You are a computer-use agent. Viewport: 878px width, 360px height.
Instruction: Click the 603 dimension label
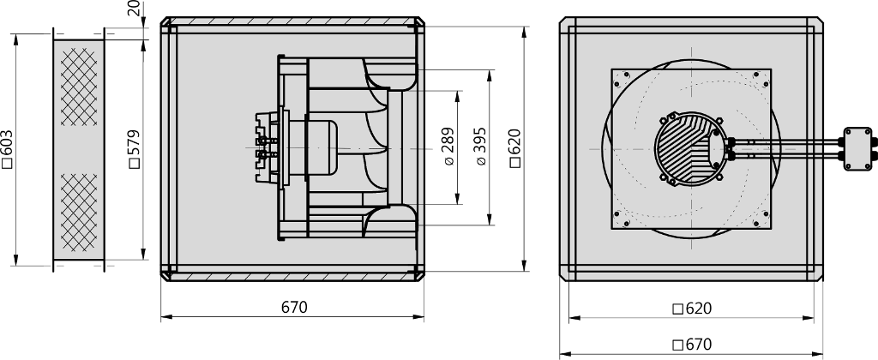(x=8, y=149)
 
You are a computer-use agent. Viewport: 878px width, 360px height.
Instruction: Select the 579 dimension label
(x=135, y=149)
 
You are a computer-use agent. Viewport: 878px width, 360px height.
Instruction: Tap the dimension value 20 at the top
(x=135, y=9)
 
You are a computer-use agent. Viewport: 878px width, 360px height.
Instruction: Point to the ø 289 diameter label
(x=449, y=147)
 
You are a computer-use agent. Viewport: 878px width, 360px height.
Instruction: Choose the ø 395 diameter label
(x=481, y=147)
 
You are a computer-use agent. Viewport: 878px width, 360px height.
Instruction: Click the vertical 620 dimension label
(x=515, y=148)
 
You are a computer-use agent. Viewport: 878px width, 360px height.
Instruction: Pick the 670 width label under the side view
(x=295, y=308)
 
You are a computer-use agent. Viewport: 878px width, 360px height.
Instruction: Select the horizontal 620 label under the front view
(x=692, y=309)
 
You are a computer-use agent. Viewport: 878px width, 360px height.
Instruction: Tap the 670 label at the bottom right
(x=692, y=345)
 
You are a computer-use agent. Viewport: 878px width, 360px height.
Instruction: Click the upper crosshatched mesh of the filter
(x=78, y=87)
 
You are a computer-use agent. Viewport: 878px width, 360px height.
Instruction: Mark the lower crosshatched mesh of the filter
(x=78, y=213)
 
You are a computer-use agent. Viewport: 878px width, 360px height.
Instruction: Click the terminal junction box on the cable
(x=857, y=149)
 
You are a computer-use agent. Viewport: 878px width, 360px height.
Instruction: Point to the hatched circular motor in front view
(x=691, y=148)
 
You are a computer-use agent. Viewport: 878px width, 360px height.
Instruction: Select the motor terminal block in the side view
(x=267, y=148)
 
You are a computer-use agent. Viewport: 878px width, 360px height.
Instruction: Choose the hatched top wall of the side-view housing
(x=292, y=21)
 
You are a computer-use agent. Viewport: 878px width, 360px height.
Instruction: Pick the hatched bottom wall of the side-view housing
(x=292, y=277)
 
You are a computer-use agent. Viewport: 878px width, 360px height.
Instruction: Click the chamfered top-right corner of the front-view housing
(x=818, y=21)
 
